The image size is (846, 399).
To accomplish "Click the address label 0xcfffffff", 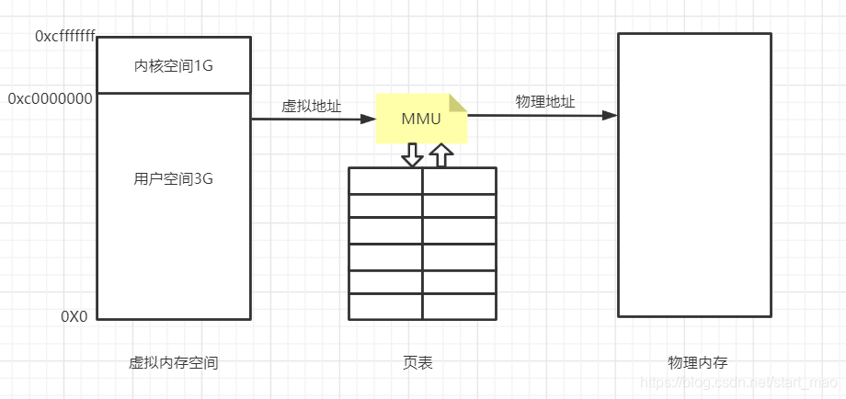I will tap(64, 36).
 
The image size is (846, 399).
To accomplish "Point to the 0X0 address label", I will tap(74, 316).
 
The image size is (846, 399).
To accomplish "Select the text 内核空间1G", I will tap(173, 65).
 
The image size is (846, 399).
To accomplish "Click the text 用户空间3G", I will tap(173, 179).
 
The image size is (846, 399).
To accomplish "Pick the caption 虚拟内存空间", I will tap(173, 363).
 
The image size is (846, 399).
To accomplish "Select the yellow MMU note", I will tap(419, 119).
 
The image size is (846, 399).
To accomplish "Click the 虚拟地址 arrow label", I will tap(311, 107).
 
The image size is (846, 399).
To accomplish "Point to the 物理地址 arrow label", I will tap(545, 102).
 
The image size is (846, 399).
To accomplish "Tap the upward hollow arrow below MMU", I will tap(441, 155).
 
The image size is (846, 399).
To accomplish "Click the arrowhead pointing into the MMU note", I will tap(368, 119).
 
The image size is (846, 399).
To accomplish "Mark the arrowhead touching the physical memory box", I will tap(610, 116).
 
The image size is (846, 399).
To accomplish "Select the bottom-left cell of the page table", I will tap(385, 306).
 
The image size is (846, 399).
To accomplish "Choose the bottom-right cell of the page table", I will tap(459, 306).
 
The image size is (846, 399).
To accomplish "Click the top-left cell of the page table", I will tap(385, 181).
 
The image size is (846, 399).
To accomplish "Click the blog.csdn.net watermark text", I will tap(737, 382).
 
